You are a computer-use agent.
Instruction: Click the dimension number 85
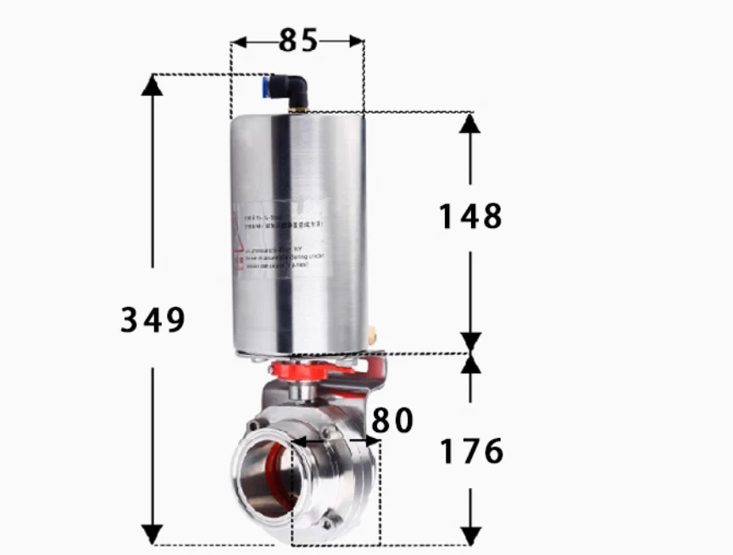[297, 40]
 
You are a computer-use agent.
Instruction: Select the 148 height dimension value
[470, 217]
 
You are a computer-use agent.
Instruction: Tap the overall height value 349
[153, 319]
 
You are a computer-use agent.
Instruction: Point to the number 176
[471, 451]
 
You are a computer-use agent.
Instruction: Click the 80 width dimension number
[391, 420]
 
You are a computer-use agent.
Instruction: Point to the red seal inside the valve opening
[274, 474]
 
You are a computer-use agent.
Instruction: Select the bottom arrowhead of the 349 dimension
[153, 534]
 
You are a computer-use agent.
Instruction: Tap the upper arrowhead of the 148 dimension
[470, 124]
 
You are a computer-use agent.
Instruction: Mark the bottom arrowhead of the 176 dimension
[471, 535]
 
